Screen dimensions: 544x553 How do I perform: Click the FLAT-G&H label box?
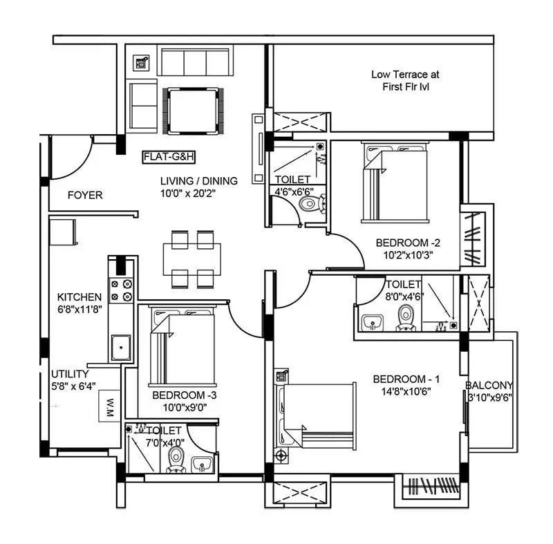tap(169, 157)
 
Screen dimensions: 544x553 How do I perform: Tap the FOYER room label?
tap(85, 196)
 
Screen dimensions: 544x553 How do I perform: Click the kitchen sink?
tap(122, 345)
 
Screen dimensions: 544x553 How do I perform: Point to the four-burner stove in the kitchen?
tap(120, 290)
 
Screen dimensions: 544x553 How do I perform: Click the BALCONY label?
tap(489, 386)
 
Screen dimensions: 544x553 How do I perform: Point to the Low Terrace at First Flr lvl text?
tap(404, 80)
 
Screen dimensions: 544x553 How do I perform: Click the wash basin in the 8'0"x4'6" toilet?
tap(372, 321)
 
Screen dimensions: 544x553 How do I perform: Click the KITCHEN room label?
tap(79, 297)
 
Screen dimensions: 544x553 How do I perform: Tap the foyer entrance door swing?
tap(73, 156)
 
